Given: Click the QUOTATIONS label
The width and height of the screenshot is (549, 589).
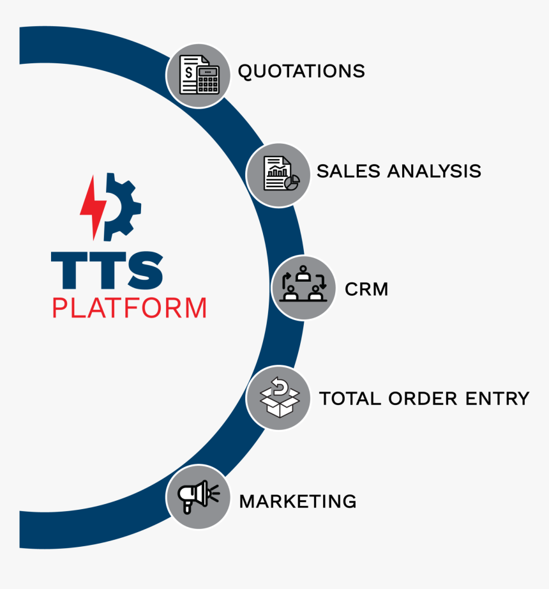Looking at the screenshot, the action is (x=301, y=72).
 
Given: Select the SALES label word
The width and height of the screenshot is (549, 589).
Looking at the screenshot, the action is (x=349, y=171).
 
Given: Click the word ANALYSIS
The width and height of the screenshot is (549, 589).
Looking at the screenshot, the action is (x=434, y=171).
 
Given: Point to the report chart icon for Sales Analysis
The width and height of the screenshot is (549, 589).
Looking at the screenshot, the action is (x=281, y=174).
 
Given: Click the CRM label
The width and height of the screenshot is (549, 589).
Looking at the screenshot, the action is (x=366, y=289).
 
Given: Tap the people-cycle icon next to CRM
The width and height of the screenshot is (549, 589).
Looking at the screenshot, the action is (x=303, y=284).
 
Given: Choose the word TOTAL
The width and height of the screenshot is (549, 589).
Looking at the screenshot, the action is (x=350, y=399).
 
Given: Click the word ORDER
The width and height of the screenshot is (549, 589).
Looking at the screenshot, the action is (x=423, y=399).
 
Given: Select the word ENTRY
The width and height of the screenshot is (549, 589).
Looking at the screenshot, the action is (x=497, y=399).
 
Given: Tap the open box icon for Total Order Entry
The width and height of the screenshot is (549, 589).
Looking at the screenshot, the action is (x=280, y=397).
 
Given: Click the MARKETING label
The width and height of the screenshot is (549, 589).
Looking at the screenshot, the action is (x=298, y=501).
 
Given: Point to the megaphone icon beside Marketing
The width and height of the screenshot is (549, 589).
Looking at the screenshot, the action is (x=198, y=496).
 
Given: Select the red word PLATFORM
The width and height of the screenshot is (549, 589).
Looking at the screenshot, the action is (x=130, y=308).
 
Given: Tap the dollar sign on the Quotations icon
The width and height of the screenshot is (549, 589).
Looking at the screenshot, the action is (x=189, y=72).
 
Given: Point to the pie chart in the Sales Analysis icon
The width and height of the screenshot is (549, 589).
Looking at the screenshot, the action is (x=292, y=182).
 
